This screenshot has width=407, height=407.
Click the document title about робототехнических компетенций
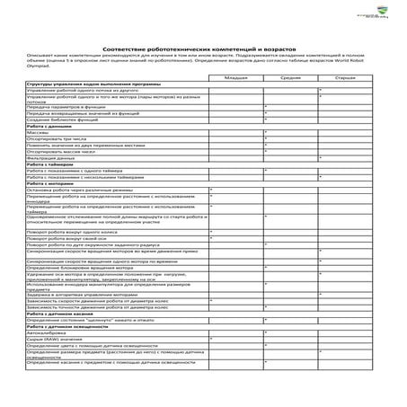(x=203, y=48)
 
